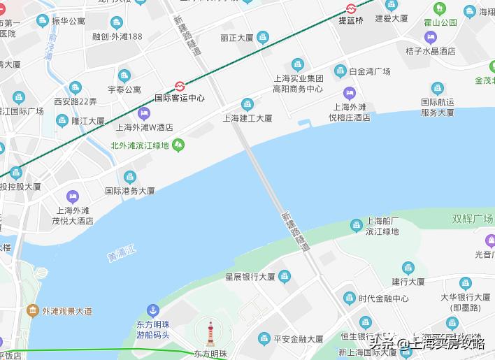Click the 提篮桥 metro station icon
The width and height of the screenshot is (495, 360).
click(x=351, y=9)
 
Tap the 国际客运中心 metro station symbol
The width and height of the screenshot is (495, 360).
click(x=180, y=87)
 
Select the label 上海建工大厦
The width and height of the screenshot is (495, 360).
click(x=247, y=118)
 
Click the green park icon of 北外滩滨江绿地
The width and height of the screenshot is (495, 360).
click(x=179, y=145)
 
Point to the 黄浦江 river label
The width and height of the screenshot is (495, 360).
click(x=122, y=252)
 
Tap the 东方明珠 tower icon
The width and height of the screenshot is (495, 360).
click(x=210, y=334)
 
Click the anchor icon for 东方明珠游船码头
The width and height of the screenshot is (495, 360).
click(x=152, y=310)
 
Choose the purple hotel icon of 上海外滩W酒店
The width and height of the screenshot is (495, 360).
click(x=145, y=114)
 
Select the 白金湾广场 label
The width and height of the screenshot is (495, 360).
click(x=370, y=71)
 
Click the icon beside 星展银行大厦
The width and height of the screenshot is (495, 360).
click(x=284, y=276)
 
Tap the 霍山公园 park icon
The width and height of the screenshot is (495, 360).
click(x=440, y=10)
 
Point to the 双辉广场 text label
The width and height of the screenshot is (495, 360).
click(x=472, y=219)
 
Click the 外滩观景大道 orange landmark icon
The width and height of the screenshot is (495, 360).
click(x=31, y=310)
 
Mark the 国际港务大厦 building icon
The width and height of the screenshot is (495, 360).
click(x=129, y=177)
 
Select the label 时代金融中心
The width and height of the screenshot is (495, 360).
click(x=383, y=298)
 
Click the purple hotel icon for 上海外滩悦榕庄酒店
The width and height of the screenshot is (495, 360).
click(x=350, y=93)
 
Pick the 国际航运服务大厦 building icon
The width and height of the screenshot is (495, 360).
click(x=438, y=88)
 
